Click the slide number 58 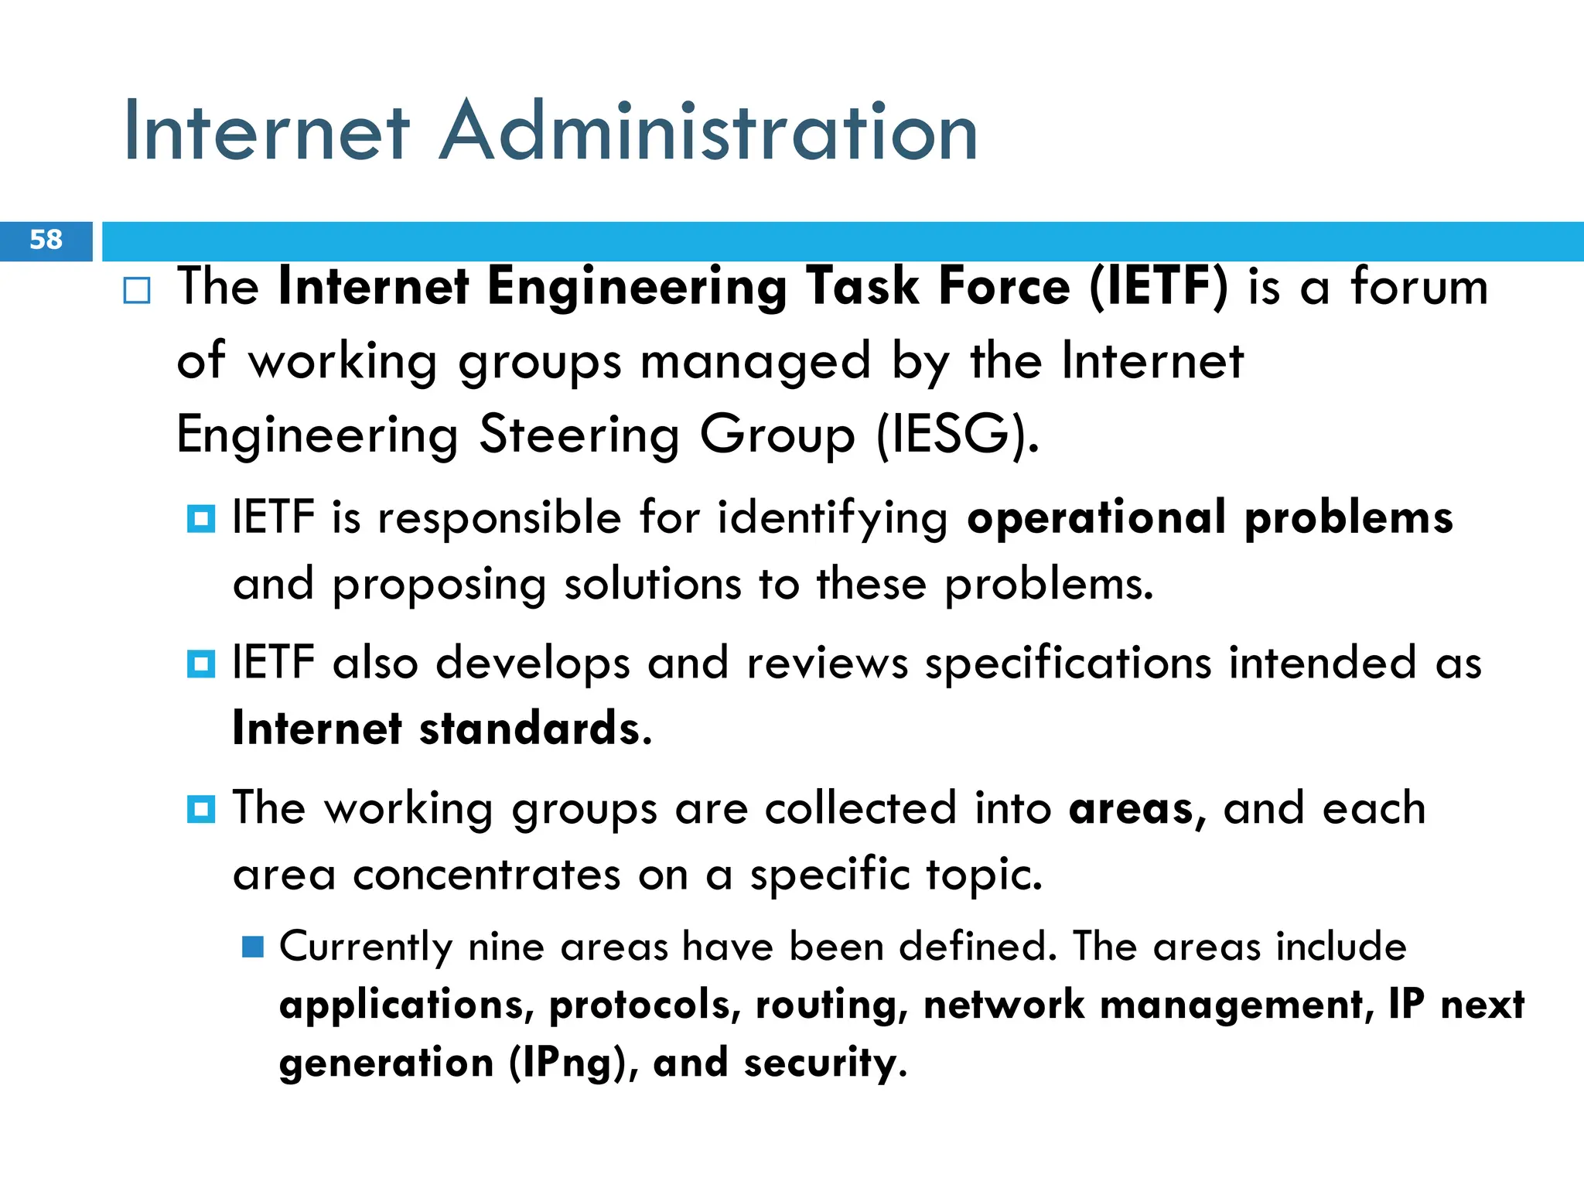pyautogui.click(x=46, y=240)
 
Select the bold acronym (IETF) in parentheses pyautogui.click(x=1158, y=287)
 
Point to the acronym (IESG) pyautogui.click(x=958, y=435)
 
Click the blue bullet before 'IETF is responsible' pyautogui.click(x=201, y=518)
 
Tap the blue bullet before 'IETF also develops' pyautogui.click(x=201, y=664)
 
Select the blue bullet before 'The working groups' pyautogui.click(x=201, y=809)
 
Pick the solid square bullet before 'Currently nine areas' pyautogui.click(x=253, y=947)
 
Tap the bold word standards pyautogui.click(x=535, y=729)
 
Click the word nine pyautogui.click(x=507, y=947)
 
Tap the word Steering pyautogui.click(x=579, y=435)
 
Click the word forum pyautogui.click(x=1419, y=287)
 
